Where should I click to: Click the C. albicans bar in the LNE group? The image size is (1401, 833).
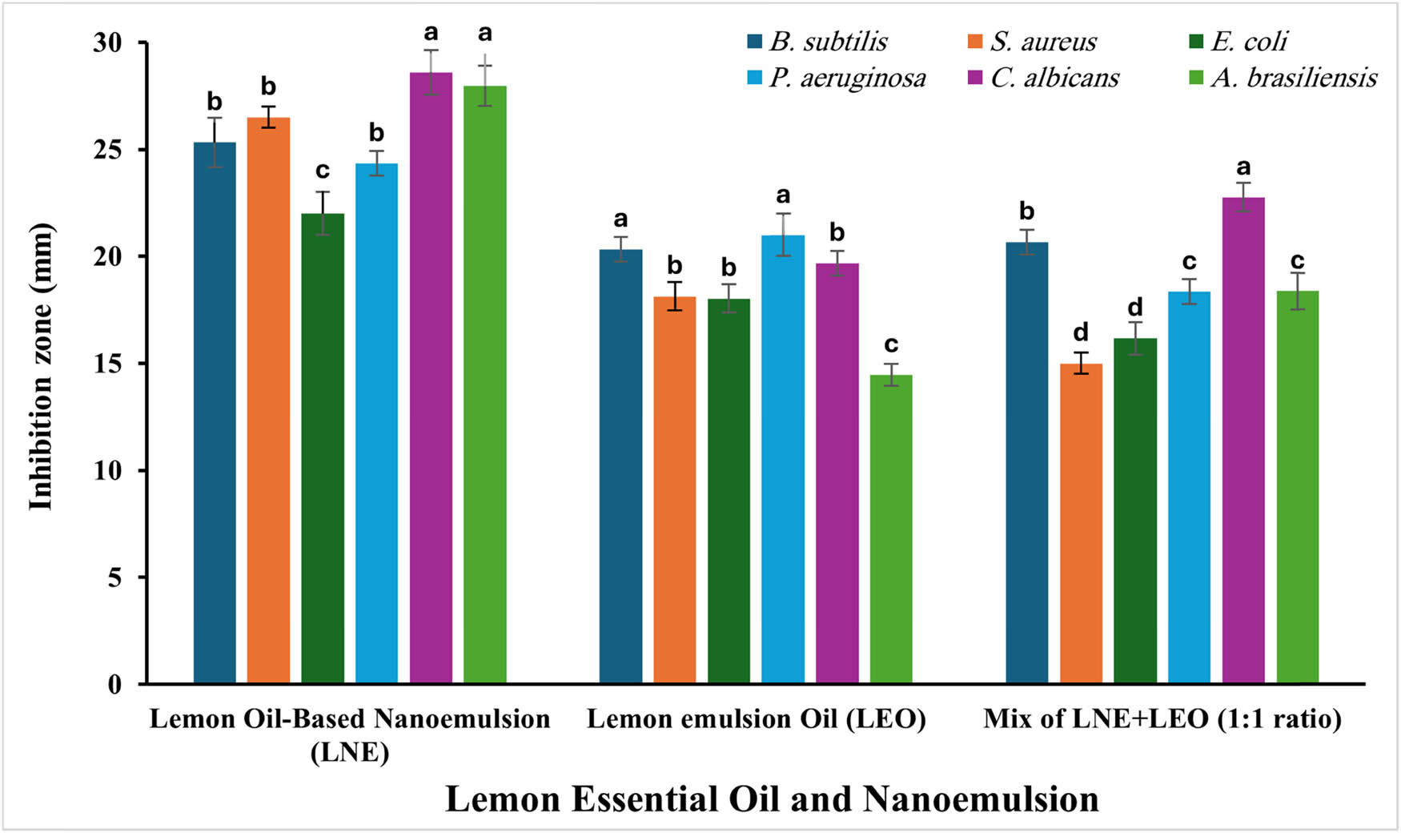431,376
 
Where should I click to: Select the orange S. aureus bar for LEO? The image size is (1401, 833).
674,489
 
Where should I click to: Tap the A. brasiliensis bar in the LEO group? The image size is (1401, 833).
891,529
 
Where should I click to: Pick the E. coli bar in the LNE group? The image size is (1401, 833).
323,449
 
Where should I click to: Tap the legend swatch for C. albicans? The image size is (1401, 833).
975,78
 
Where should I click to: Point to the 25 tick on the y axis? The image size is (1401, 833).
107,150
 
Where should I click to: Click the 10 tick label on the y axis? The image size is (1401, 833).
107,470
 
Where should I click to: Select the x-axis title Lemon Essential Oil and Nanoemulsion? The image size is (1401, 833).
771,799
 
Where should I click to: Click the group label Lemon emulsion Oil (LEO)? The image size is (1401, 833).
756,718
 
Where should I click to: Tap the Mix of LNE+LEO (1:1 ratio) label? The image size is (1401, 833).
1162,718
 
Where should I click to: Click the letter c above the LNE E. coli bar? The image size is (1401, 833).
323,170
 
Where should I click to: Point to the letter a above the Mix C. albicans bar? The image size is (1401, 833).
1243,167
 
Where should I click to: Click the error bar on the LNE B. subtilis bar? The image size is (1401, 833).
215,142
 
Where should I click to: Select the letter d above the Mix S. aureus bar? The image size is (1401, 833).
1081,332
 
